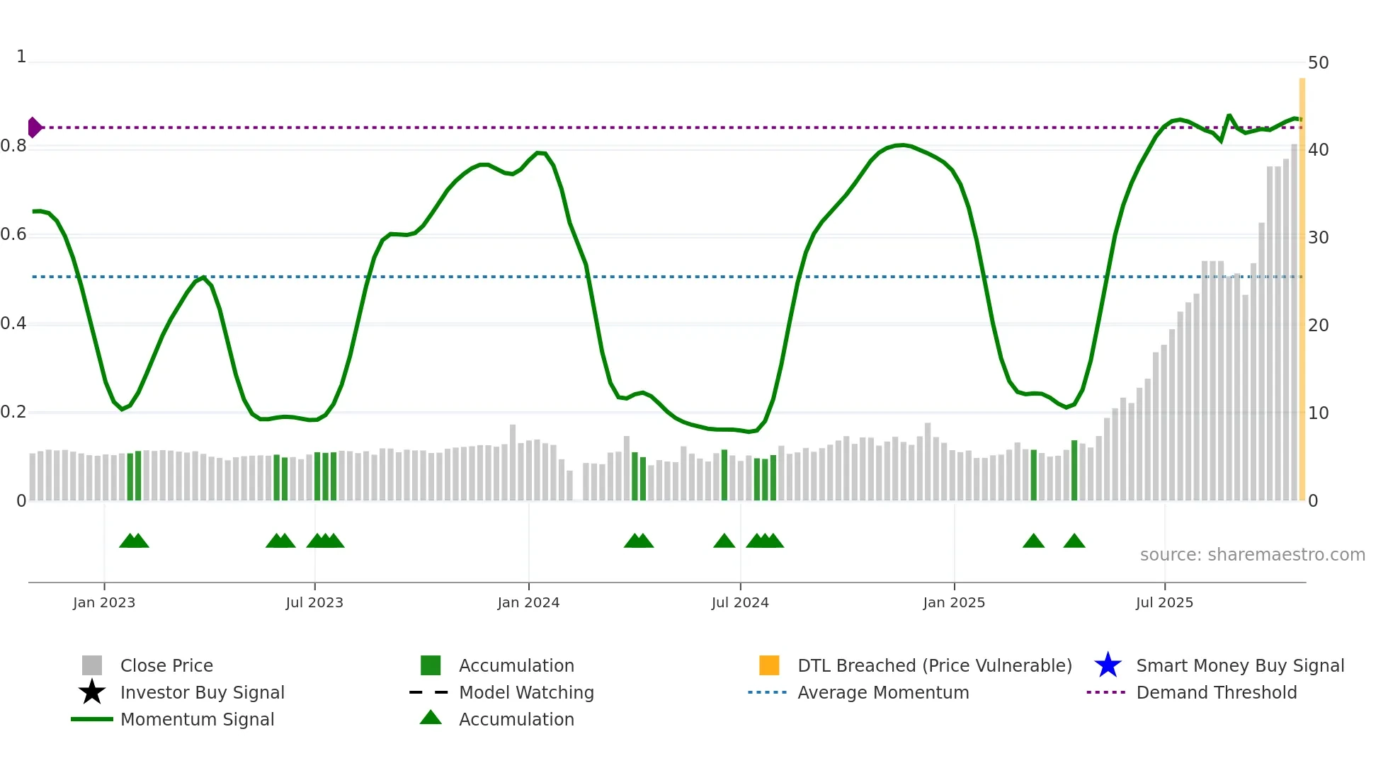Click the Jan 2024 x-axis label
click(x=528, y=602)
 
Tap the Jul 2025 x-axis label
click(x=1164, y=602)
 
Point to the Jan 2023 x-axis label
click(x=104, y=602)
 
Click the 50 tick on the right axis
click(x=1318, y=63)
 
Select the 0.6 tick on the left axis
click(x=13, y=234)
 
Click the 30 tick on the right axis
click(x=1318, y=238)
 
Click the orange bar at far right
click(x=1302, y=290)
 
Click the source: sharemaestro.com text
click(x=1252, y=555)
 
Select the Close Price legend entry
click(x=166, y=665)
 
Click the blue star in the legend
click(x=1108, y=665)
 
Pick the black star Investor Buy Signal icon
click(x=92, y=692)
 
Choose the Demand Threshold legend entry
click(x=1216, y=692)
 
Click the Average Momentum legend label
click(x=883, y=692)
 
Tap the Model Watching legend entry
click(x=526, y=692)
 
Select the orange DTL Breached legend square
click(x=769, y=665)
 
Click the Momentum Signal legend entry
click(x=197, y=719)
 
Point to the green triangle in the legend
click(x=431, y=718)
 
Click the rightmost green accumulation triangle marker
click(x=1074, y=541)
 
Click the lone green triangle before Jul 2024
click(x=724, y=541)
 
